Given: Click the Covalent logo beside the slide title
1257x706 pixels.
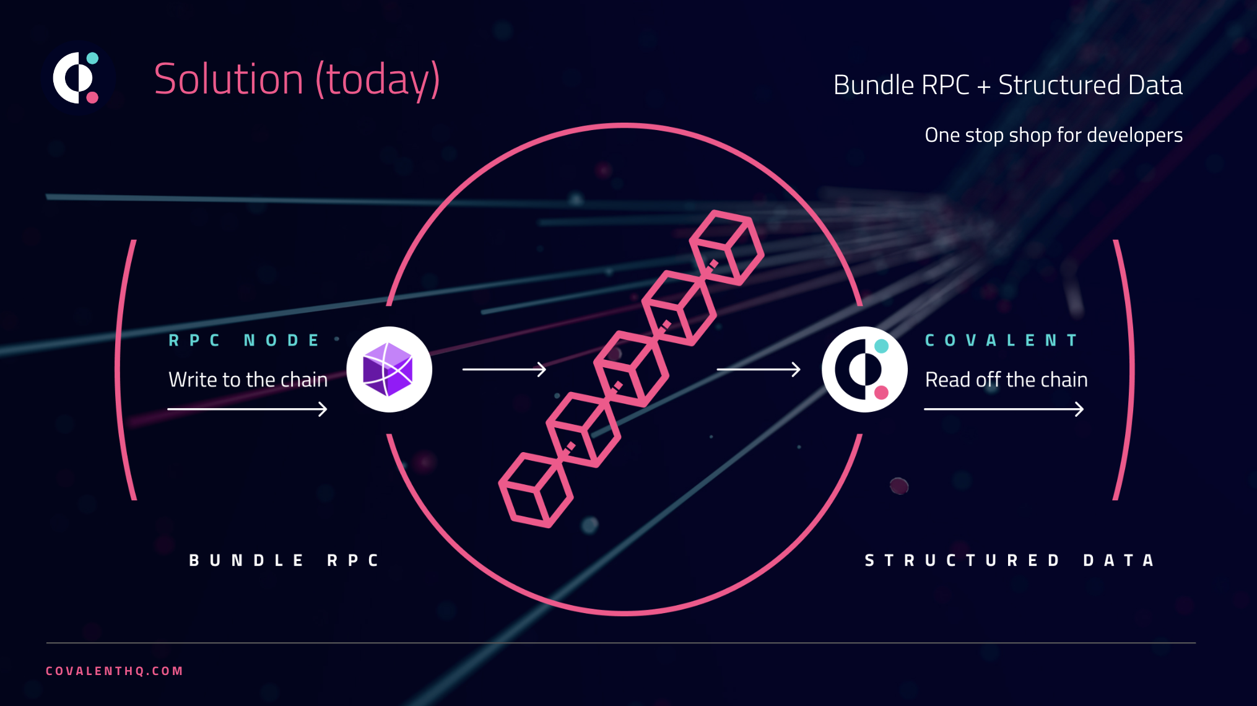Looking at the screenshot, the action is [77, 78].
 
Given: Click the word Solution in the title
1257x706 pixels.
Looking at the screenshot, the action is [228, 79].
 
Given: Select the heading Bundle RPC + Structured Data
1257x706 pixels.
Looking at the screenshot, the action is [1007, 85].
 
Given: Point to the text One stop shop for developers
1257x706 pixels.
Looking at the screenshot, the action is [1053, 135].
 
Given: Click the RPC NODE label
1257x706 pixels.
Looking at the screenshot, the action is [244, 340].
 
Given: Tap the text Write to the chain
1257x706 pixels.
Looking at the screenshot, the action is [248, 379].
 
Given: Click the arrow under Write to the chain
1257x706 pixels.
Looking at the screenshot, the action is [247, 409].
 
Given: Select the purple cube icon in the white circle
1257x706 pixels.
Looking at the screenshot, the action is [389, 369].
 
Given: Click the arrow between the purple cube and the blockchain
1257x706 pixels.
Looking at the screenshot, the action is [504, 369].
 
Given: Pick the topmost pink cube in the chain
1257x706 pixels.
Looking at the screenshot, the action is [727, 248].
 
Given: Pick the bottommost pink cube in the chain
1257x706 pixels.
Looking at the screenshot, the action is [536, 490].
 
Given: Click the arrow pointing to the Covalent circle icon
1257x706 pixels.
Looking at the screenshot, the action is [759, 370].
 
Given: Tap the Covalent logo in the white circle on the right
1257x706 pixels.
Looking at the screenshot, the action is [864, 369].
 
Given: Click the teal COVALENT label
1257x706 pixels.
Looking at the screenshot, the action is [1001, 340].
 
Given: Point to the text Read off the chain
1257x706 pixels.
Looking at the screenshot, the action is [1006, 379].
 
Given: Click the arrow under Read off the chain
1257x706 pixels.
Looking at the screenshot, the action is [1004, 409].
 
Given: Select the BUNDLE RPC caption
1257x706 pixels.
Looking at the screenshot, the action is [284, 560].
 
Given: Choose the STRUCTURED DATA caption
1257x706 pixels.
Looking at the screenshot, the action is [1010, 560].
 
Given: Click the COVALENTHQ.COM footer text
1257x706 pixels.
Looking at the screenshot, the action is [115, 671].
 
